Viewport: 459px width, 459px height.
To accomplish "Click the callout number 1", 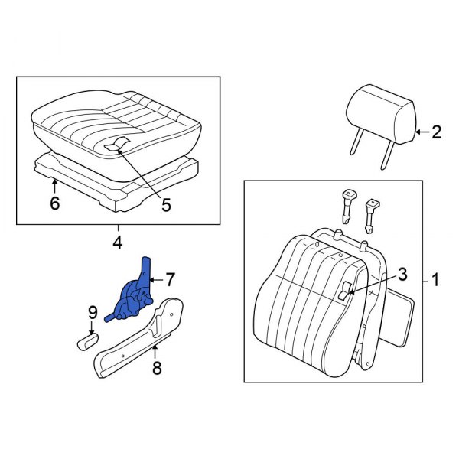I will pyautogui.click(x=435, y=281).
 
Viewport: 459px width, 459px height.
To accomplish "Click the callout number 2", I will pyautogui.click(x=436, y=132).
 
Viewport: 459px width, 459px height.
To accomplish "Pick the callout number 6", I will pyautogui.click(x=54, y=203).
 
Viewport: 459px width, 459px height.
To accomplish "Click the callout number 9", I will pyautogui.click(x=92, y=312).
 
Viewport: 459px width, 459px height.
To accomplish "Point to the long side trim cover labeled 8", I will pyautogui.click(x=138, y=341).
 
